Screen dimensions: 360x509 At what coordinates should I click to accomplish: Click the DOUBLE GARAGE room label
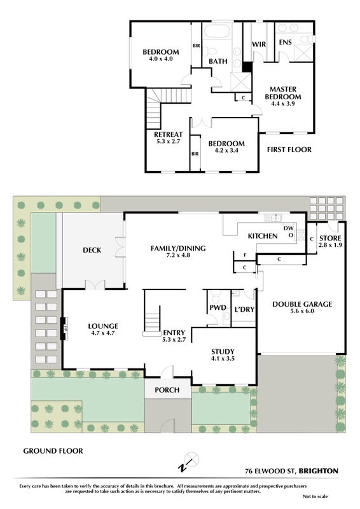302,304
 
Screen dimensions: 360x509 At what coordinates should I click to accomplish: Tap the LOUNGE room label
103,326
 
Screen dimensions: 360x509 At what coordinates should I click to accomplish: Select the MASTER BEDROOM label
283,93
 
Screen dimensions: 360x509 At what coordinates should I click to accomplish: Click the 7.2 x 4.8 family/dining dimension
178,255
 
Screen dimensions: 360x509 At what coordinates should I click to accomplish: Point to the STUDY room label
223,352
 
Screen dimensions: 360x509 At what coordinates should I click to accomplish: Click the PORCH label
167,390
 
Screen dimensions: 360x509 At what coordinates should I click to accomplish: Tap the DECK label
92,250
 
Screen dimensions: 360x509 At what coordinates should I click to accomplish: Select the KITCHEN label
263,236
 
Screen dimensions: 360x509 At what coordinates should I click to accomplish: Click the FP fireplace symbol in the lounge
64,328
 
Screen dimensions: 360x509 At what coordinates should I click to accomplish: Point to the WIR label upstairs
259,44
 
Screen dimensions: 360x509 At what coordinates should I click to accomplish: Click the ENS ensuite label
286,42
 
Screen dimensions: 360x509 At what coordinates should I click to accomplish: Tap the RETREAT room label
168,134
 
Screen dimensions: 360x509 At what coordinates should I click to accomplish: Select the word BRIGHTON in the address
319,471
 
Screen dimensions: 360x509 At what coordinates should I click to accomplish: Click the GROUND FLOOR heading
53,450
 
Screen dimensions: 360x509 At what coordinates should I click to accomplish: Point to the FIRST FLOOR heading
289,150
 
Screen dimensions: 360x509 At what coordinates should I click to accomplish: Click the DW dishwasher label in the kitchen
288,228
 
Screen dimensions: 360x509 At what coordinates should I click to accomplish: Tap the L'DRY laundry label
244,309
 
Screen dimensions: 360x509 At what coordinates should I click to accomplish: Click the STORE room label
330,238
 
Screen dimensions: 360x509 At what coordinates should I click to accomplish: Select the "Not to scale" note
315,496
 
